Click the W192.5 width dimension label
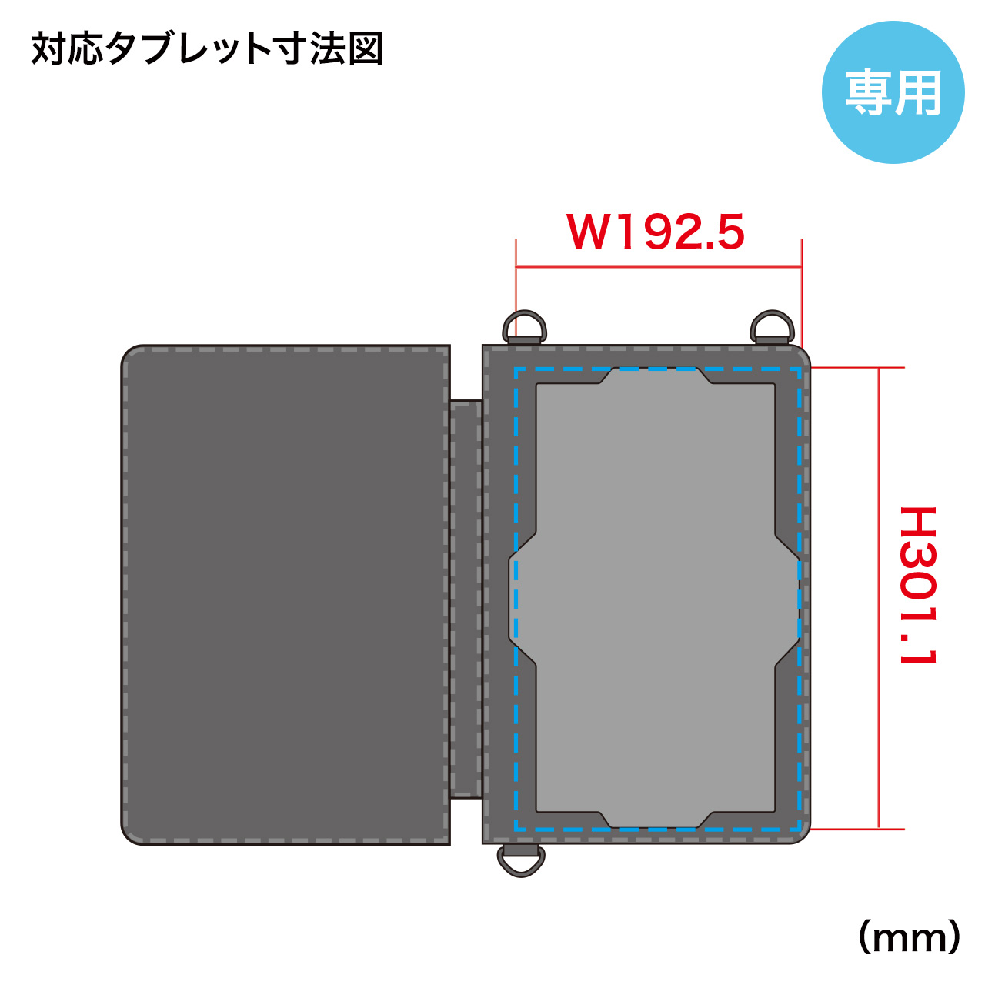coord(655,232)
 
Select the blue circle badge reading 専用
coord(893,92)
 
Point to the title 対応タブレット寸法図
coord(207,49)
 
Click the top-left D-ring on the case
coord(524,326)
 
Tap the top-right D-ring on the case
coord(773,326)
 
